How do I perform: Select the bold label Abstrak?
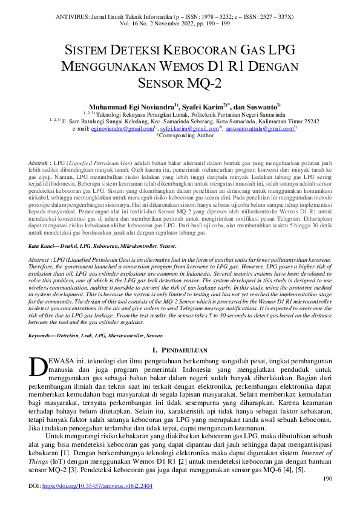click(x=40, y=164)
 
